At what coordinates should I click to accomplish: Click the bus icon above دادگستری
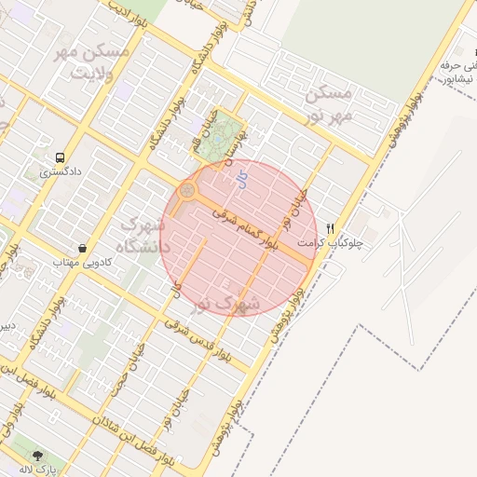61,157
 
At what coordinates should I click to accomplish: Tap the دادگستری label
61,172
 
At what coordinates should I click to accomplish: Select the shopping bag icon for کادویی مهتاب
85,249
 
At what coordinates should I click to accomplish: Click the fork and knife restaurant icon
330,229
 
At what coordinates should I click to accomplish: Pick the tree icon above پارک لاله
37,456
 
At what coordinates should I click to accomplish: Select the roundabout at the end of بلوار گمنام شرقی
188,192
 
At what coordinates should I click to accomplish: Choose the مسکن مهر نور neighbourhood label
326,105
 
